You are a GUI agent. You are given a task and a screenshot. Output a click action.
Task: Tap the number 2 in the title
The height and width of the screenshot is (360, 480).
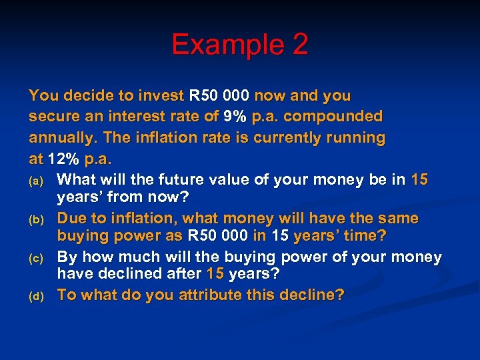click(x=300, y=45)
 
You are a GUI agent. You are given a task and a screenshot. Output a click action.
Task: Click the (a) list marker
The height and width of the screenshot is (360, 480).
click(x=38, y=181)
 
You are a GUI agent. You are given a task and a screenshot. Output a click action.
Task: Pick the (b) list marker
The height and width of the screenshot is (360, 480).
click(x=38, y=219)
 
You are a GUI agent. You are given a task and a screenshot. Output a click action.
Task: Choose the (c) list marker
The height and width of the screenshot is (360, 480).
click(x=38, y=258)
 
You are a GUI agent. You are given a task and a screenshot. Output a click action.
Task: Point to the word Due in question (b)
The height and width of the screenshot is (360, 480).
click(x=73, y=219)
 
